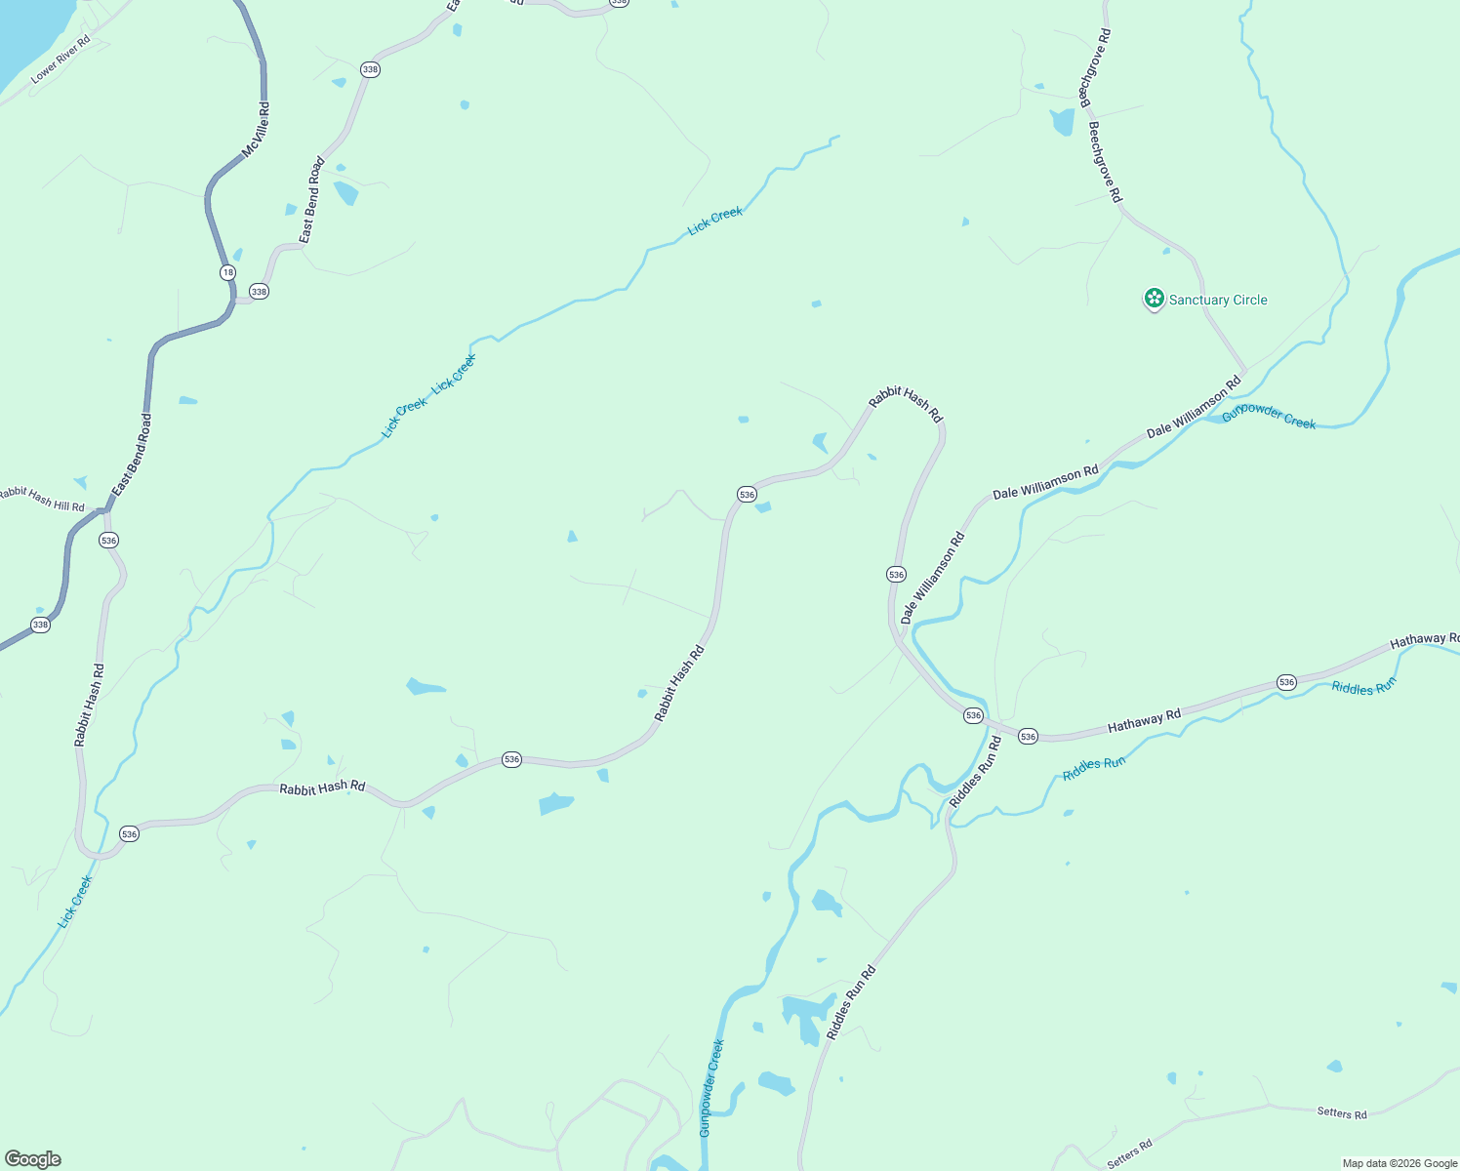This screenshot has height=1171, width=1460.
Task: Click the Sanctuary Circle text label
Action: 1218,300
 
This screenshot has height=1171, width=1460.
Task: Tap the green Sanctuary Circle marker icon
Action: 1154,299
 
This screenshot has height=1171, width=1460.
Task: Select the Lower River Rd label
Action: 61,60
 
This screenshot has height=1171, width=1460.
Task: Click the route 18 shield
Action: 227,272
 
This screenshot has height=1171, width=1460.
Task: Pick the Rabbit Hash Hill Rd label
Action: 41,500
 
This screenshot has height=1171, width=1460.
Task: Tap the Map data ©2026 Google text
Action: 1399,1163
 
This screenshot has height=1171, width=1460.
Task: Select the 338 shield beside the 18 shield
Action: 259,292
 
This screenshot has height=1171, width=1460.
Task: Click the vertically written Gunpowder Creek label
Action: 711,1088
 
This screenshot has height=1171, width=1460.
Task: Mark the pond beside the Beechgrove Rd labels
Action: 1062,122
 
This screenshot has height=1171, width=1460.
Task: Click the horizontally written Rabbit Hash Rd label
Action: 322,787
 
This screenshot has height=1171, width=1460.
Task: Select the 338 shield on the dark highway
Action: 40,625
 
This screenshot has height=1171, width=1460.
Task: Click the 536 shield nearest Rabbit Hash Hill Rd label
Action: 108,540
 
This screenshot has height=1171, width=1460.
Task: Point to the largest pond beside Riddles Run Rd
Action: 808,1015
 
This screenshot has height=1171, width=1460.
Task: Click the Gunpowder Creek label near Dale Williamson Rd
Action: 1269,416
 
